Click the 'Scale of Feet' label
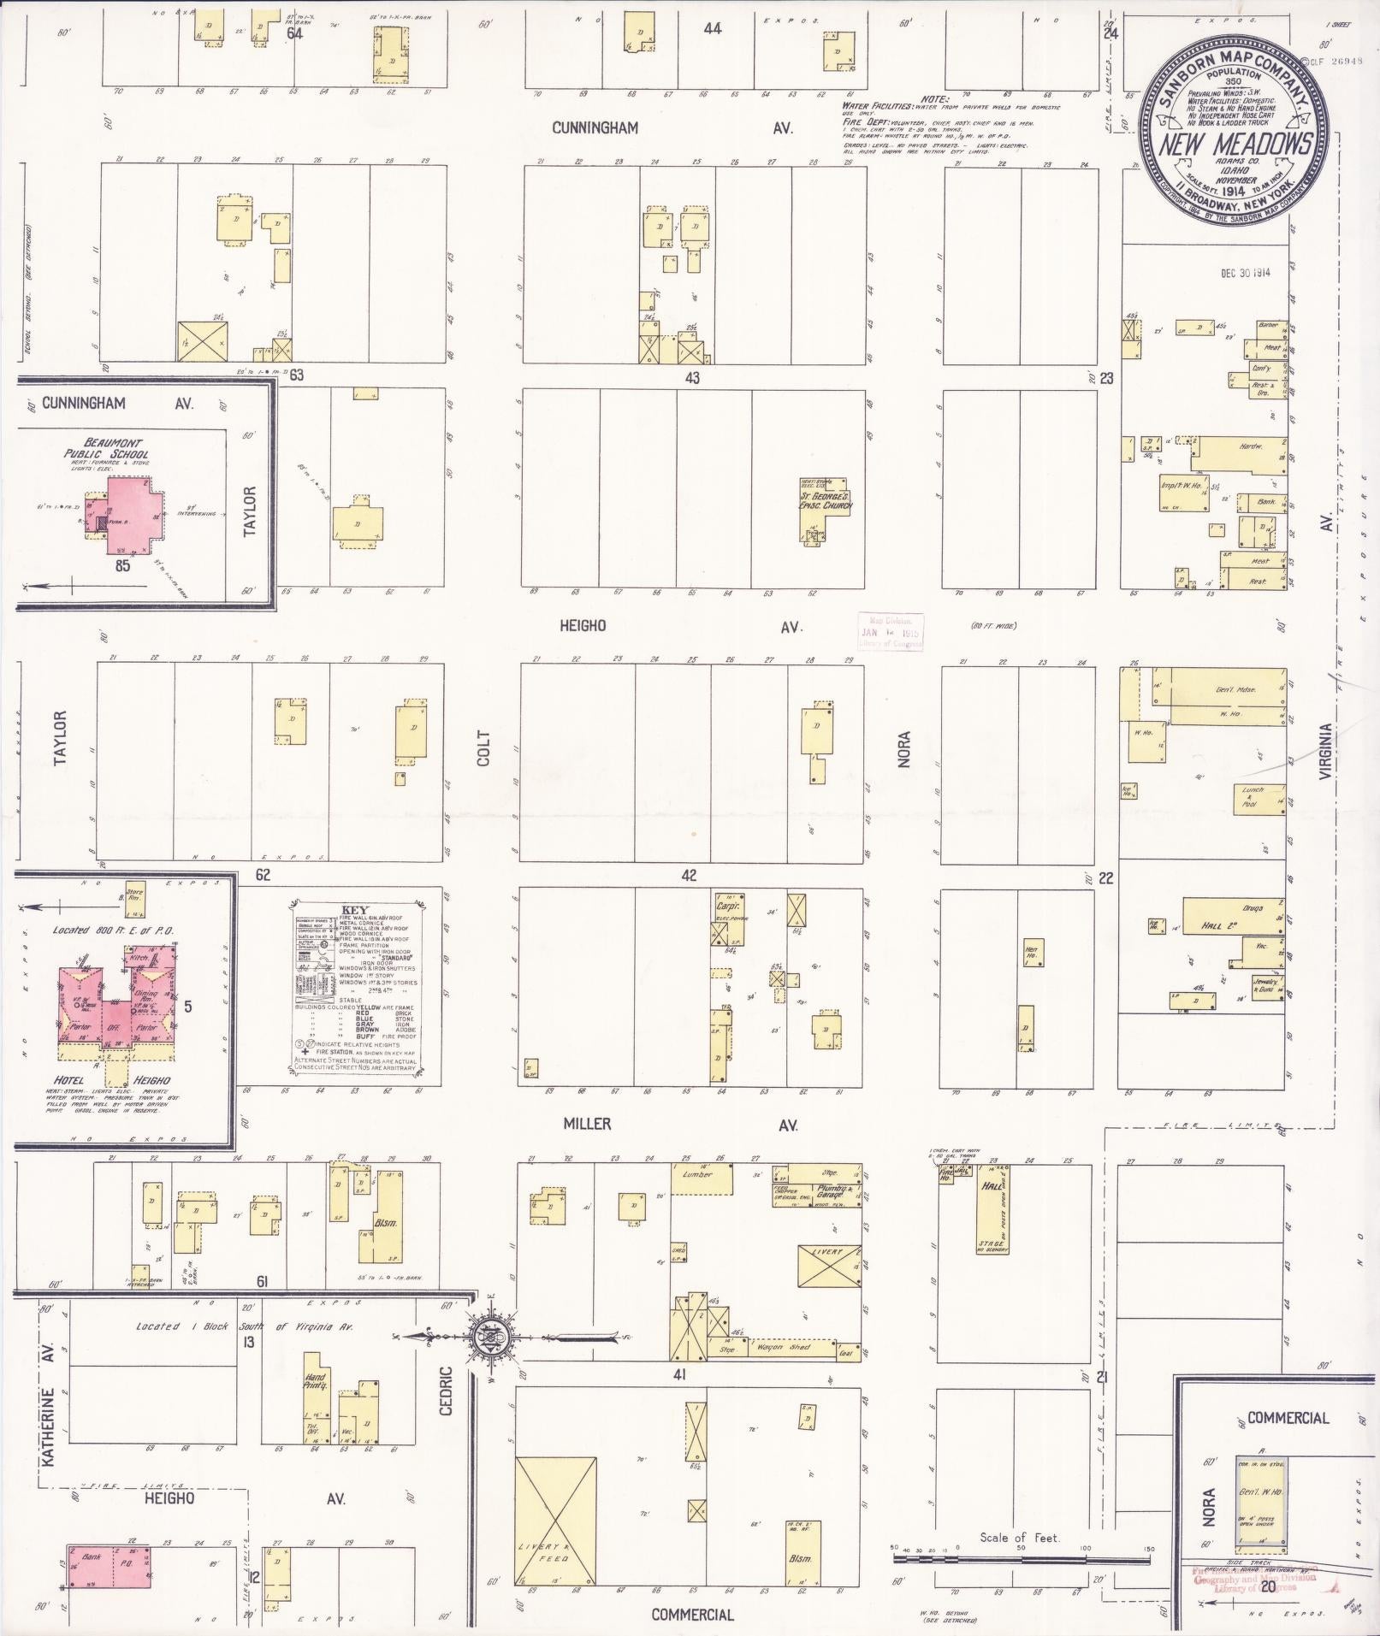point(1020,1538)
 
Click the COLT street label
point(484,747)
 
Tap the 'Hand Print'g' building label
point(315,1380)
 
